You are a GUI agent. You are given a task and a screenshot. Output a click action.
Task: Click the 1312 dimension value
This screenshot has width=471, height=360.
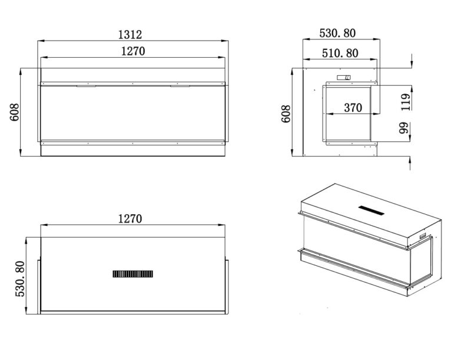(x=130, y=35)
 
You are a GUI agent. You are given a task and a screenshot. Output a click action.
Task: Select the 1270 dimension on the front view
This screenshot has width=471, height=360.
(x=133, y=51)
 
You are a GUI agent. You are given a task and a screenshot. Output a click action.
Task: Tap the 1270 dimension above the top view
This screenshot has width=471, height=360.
(x=130, y=219)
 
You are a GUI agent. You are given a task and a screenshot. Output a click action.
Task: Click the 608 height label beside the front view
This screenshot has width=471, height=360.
(x=14, y=112)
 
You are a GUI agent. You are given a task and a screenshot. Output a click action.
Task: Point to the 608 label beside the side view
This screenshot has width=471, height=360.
(x=286, y=114)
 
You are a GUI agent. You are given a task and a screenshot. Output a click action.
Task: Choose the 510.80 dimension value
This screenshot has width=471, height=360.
(x=340, y=53)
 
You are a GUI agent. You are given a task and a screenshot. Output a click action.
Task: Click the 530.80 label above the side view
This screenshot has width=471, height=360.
(x=337, y=33)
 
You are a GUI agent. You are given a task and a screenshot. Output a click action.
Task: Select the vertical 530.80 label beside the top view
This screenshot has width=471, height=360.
(x=20, y=279)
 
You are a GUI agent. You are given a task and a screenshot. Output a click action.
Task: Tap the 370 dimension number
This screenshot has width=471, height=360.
(x=353, y=108)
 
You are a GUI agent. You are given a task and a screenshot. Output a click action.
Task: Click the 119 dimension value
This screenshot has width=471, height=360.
(x=406, y=102)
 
